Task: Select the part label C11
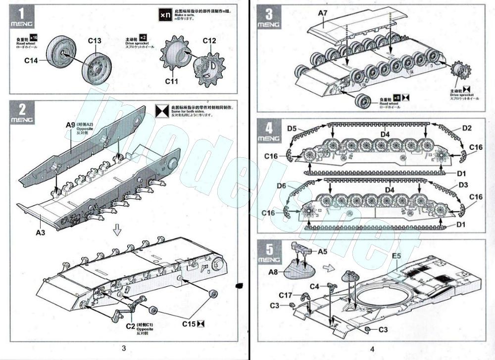coord(171,81)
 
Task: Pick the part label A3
coord(41,231)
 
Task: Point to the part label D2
coord(467,128)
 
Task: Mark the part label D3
coord(463,184)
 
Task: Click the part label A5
coord(323,251)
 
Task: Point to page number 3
coord(124,348)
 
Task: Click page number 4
coord(371,348)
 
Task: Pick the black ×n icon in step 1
coord(165,15)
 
